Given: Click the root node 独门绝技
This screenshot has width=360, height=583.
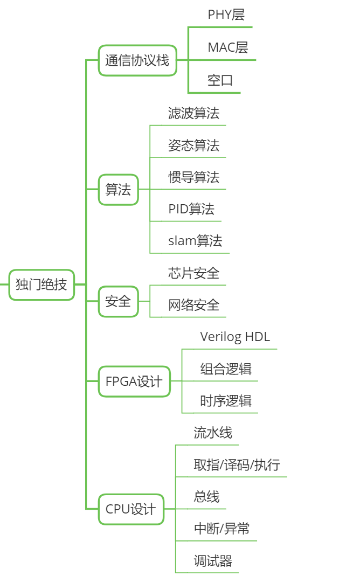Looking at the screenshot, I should click(41, 284).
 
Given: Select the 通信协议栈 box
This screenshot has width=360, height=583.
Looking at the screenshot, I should click(137, 60).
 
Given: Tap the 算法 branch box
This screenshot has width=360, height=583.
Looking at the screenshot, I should click(118, 190).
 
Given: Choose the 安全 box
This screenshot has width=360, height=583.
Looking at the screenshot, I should click(118, 301).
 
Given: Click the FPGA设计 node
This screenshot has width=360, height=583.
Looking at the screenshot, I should click(134, 381).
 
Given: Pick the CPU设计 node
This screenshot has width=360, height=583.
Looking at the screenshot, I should click(131, 509).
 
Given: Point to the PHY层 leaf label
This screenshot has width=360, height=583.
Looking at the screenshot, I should click(226, 15).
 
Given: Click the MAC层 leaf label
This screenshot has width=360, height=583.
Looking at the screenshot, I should click(228, 48).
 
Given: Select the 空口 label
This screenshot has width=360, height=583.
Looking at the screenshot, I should click(220, 81).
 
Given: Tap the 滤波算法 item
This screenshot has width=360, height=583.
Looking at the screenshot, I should click(194, 113).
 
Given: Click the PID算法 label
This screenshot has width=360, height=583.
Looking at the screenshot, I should click(191, 209).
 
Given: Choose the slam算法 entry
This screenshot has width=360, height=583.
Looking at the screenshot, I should click(195, 241).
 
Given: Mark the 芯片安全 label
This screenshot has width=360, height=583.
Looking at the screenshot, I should click(194, 273).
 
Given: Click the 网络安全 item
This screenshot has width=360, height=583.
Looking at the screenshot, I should click(194, 306).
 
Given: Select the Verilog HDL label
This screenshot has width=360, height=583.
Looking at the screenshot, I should click(235, 337).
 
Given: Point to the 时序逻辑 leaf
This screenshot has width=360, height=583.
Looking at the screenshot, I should click(226, 401).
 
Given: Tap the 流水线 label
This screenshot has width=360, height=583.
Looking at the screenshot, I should click(213, 433).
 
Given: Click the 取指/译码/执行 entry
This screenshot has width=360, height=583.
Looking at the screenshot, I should click(237, 465).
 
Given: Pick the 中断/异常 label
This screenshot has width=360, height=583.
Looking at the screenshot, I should click(222, 529).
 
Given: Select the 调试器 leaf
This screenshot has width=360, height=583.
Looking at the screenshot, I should click(213, 561).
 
